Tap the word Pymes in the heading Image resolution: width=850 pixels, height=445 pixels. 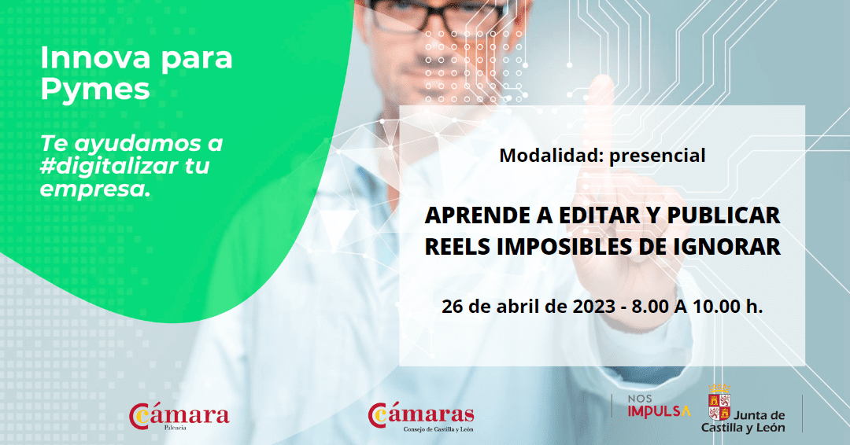pos(95,90)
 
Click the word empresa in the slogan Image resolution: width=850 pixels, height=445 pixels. pos(95,189)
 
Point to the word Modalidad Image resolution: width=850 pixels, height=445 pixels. pos(551,156)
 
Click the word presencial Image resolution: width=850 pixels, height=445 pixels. pos(657,156)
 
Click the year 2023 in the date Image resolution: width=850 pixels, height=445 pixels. pos(593,307)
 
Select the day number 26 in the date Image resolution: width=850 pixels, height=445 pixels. pos(452,307)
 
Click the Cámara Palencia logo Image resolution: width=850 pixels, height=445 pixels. pos(179,417)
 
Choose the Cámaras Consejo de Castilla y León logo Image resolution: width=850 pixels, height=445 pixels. pos(420,417)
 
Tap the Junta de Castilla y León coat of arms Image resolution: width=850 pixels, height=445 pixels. pos(719,403)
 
